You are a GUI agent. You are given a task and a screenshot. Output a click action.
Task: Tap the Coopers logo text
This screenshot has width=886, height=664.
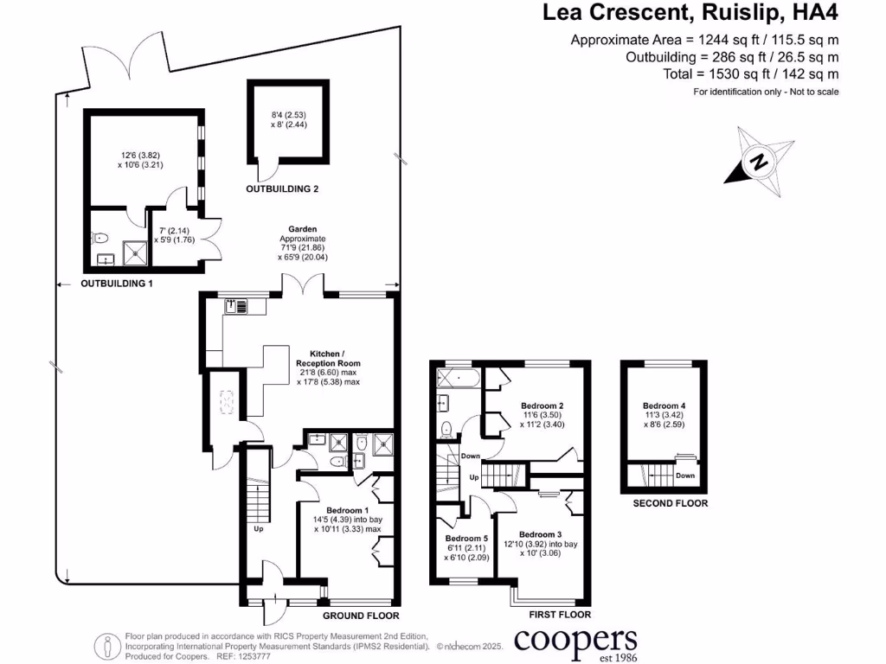pos(575,642)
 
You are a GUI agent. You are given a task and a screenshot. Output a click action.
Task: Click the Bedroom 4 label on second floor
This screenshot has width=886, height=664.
pos(664,405)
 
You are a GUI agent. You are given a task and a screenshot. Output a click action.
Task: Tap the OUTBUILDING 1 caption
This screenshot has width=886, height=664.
pos(117,284)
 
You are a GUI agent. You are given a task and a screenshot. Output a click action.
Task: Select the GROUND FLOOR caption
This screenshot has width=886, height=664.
pos(361,616)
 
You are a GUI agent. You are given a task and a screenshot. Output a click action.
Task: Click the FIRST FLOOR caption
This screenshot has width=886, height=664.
pos(560,615)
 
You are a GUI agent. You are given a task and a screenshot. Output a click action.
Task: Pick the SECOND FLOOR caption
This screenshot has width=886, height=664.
pos(670,503)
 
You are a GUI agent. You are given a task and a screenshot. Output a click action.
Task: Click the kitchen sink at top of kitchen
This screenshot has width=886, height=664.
pos(236,304)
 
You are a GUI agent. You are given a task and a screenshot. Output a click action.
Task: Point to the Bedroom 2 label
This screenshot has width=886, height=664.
pos(543,405)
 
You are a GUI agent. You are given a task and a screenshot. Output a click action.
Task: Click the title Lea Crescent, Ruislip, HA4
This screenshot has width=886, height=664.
pos(690,13)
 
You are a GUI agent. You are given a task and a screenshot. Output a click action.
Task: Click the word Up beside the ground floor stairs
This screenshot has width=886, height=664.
pos(258,528)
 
